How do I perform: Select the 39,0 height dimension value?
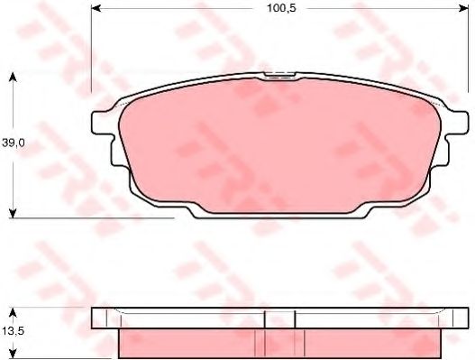(13, 143)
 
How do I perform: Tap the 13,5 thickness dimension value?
(12, 329)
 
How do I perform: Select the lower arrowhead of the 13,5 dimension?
(12, 354)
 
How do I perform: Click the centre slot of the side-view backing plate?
(279, 318)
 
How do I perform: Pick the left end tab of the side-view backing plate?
(105, 318)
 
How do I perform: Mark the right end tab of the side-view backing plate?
(455, 318)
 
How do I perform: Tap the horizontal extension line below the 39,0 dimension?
(90, 217)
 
